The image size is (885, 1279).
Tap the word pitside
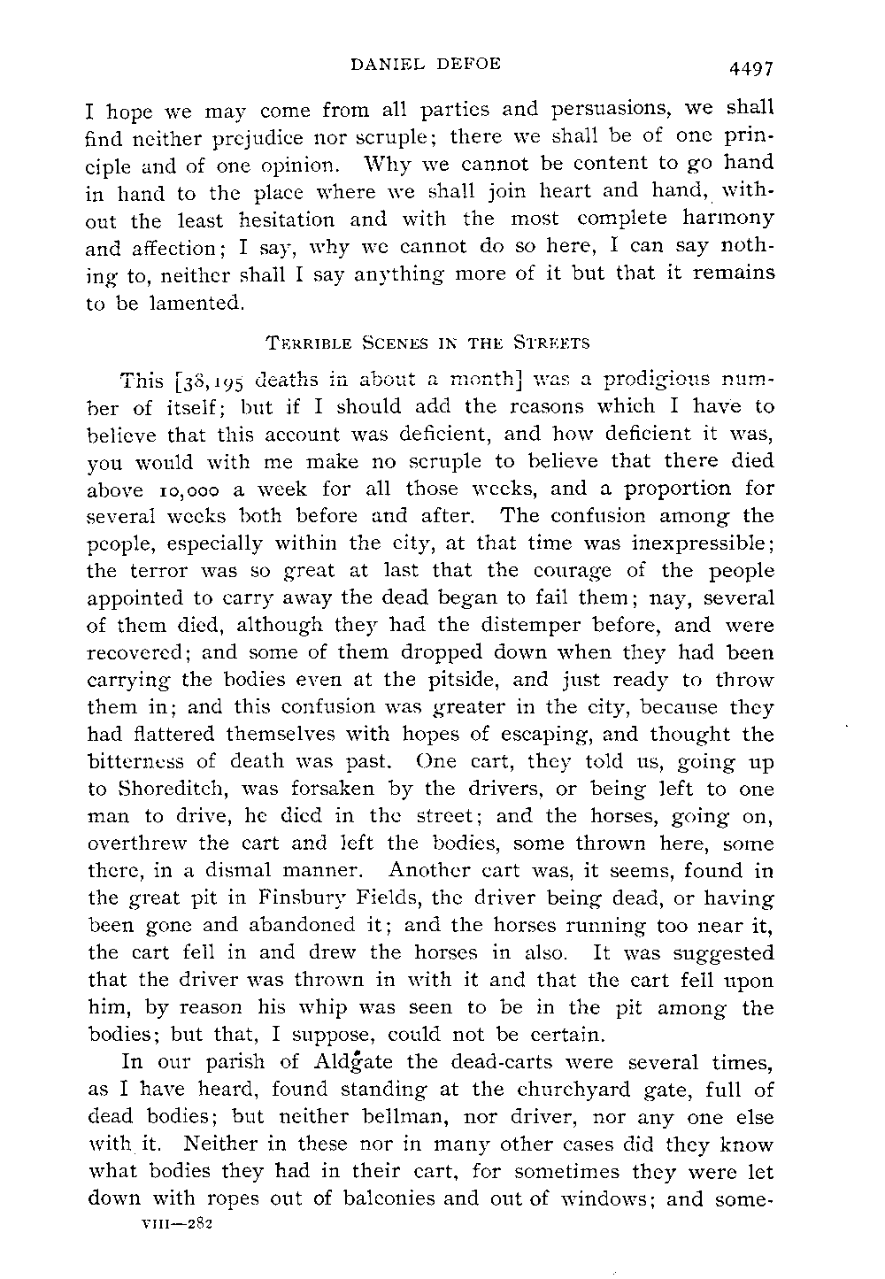coord(472,681)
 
